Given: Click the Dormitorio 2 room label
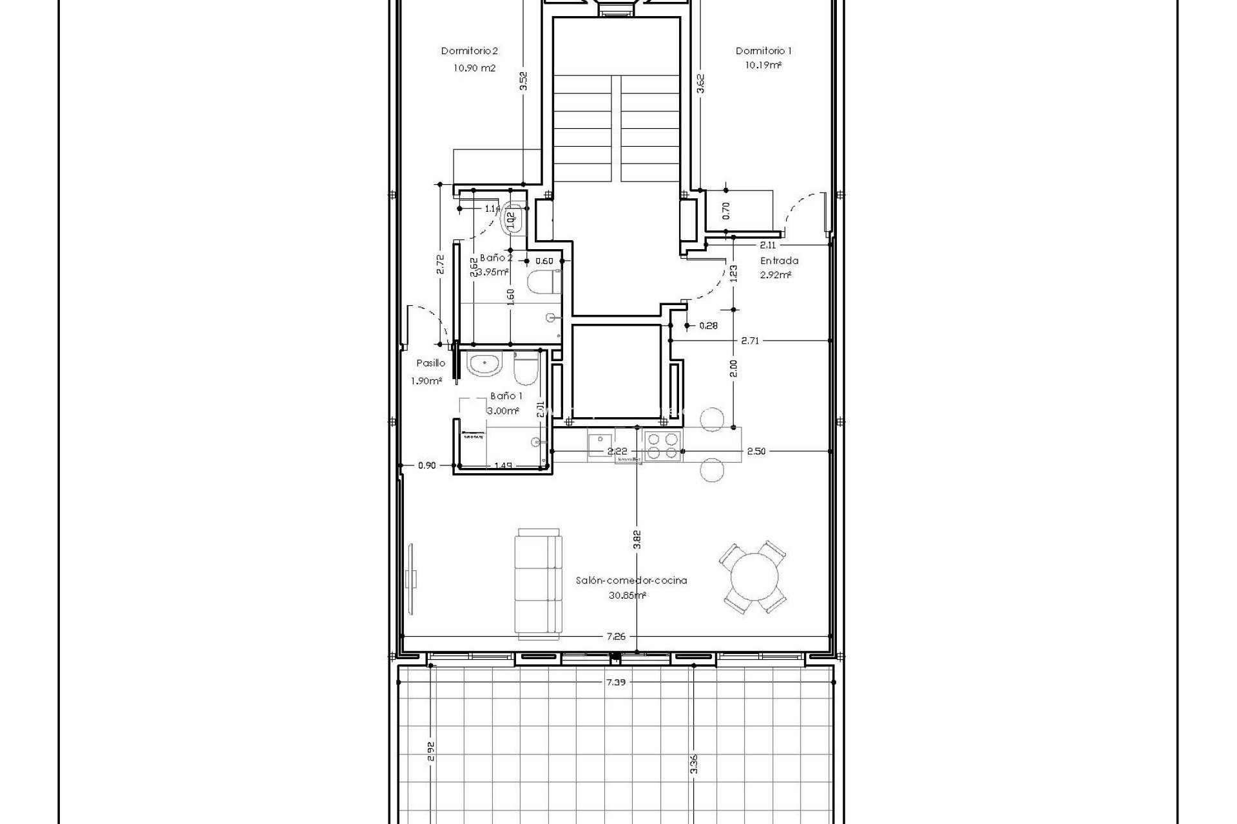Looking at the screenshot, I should [x=470, y=51].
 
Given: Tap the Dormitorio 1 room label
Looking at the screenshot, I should [x=763, y=51].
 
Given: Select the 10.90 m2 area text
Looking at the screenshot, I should [x=475, y=68].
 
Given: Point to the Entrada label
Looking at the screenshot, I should [x=779, y=261].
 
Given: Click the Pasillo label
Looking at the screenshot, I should [x=430, y=363].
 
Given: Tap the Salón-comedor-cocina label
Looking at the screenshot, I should [x=631, y=580].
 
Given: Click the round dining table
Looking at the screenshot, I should [x=753, y=577].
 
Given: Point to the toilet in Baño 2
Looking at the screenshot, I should [x=540, y=282].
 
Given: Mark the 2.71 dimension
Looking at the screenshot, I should [x=749, y=341].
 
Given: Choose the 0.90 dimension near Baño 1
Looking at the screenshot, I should [x=426, y=465].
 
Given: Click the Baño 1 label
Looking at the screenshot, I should [x=506, y=396].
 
